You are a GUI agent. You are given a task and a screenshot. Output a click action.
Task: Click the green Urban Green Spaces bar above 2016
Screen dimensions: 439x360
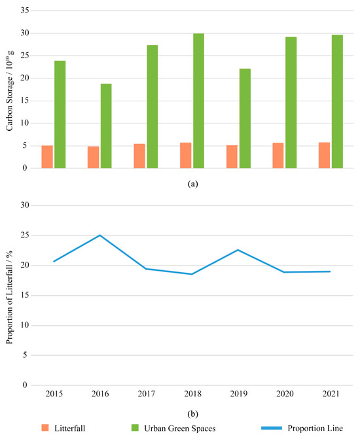coord(105,126)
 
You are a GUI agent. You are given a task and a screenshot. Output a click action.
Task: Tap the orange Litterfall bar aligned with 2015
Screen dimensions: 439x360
coord(47,157)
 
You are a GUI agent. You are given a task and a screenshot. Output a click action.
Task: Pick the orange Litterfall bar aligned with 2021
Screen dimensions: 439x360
coord(324,155)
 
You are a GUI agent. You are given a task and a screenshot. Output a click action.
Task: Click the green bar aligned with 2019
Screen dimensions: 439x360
coord(245,118)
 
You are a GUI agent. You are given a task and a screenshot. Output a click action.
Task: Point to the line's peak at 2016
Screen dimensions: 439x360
coord(100,235)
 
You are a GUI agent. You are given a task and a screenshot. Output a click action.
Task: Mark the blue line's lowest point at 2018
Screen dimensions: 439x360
coord(192,274)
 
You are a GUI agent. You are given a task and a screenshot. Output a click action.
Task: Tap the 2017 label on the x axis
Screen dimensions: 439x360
coord(146,396)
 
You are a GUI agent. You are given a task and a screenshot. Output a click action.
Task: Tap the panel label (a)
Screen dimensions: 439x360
coord(192,185)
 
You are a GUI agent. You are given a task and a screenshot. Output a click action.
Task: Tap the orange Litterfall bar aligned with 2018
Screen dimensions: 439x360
coord(186,155)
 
